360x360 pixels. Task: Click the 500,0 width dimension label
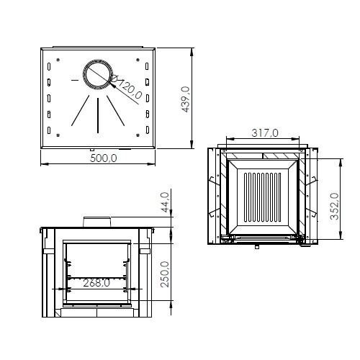click(104, 158)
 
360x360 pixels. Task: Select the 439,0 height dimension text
click(186, 99)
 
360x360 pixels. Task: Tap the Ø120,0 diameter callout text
click(127, 86)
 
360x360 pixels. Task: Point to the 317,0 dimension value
click(265, 132)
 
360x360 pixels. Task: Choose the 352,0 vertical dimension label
click(334, 206)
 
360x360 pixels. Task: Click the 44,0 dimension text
click(166, 202)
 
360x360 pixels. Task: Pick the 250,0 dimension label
click(165, 274)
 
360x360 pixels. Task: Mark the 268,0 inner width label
click(96, 283)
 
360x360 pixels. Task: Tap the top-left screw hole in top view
click(58, 60)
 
